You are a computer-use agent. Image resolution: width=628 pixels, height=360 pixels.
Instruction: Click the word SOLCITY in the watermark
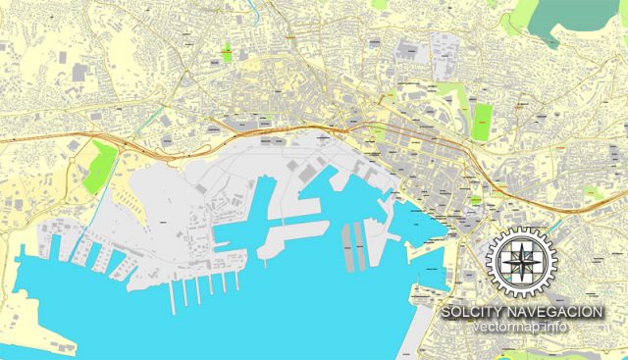click(x=473, y=311)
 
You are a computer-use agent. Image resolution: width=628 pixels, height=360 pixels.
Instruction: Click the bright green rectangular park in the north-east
click(x=482, y=122)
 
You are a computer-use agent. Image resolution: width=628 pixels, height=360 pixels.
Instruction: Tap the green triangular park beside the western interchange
click(x=98, y=167)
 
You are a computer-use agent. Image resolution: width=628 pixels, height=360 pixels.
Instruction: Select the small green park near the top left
click(x=227, y=51)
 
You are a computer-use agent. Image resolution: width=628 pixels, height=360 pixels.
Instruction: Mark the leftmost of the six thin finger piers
click(x=173, y=297)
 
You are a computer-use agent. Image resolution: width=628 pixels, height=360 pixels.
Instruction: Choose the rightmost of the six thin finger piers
click(x=235, y=282)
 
